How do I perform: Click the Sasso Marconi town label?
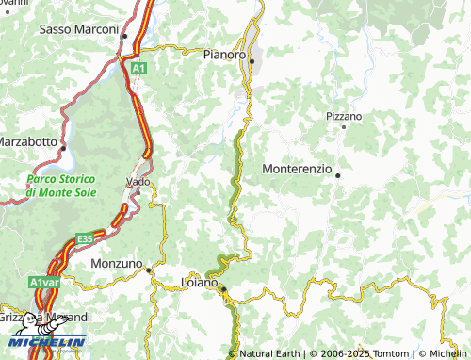[76, 29]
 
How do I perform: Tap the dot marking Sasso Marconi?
[124, 36]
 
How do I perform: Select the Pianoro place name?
[224, 56]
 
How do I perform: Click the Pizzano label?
[343, 116]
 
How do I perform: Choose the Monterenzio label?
[296, 169]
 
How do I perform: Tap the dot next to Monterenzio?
[337, 174]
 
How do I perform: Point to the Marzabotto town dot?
[63, 148]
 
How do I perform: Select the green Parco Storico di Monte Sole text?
[59, 186]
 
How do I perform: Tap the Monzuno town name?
[116, 264]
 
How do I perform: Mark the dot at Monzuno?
[148, 270]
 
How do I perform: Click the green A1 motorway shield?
[138, 69]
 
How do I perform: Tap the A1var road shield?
[44, 282]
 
